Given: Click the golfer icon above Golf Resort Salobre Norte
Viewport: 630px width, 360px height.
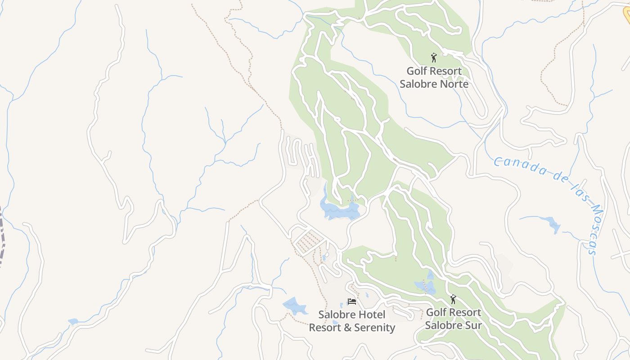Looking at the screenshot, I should click(x=434, y=58).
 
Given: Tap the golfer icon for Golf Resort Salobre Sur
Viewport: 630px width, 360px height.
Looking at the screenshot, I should click(x=453, y=299).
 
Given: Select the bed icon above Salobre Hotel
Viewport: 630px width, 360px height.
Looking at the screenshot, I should click(x=352, y=301).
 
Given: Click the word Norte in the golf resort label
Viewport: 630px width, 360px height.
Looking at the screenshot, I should click(x=453, y=84).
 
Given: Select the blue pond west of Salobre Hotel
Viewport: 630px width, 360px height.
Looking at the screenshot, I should click(x=295, y=306).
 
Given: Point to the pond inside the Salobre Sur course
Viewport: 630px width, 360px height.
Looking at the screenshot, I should click(x=425, y=286).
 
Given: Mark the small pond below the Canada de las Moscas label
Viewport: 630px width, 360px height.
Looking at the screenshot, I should click(x=551, y=223).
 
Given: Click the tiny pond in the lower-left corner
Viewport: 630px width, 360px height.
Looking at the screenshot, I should click(x=72, y=322).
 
